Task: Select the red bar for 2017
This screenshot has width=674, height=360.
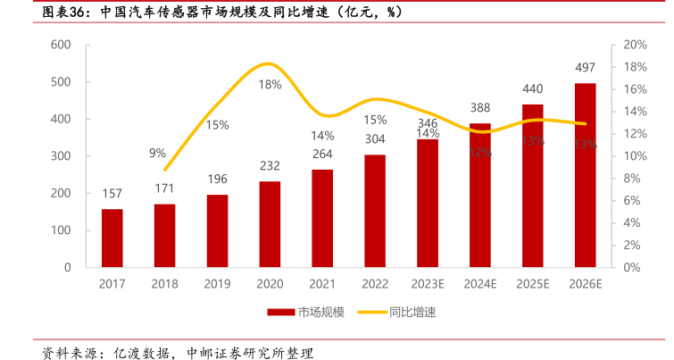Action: pos(112,238)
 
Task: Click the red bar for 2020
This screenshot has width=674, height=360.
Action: pos(270,224)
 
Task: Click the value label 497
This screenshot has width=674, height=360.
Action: pos(585,68)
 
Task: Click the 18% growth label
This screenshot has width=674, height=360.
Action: pos(270,84)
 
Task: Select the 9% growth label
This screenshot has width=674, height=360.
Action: pos(157,152)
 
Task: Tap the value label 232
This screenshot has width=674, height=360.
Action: pos(270,165)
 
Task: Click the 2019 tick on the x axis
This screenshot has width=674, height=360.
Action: pos(217,283)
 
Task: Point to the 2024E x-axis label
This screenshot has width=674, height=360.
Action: pos(479,283)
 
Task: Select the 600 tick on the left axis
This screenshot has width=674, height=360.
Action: pos(61,45)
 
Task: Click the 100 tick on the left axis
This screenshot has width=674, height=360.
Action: pos(61,230)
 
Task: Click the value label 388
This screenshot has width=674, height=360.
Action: pos(479,107)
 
